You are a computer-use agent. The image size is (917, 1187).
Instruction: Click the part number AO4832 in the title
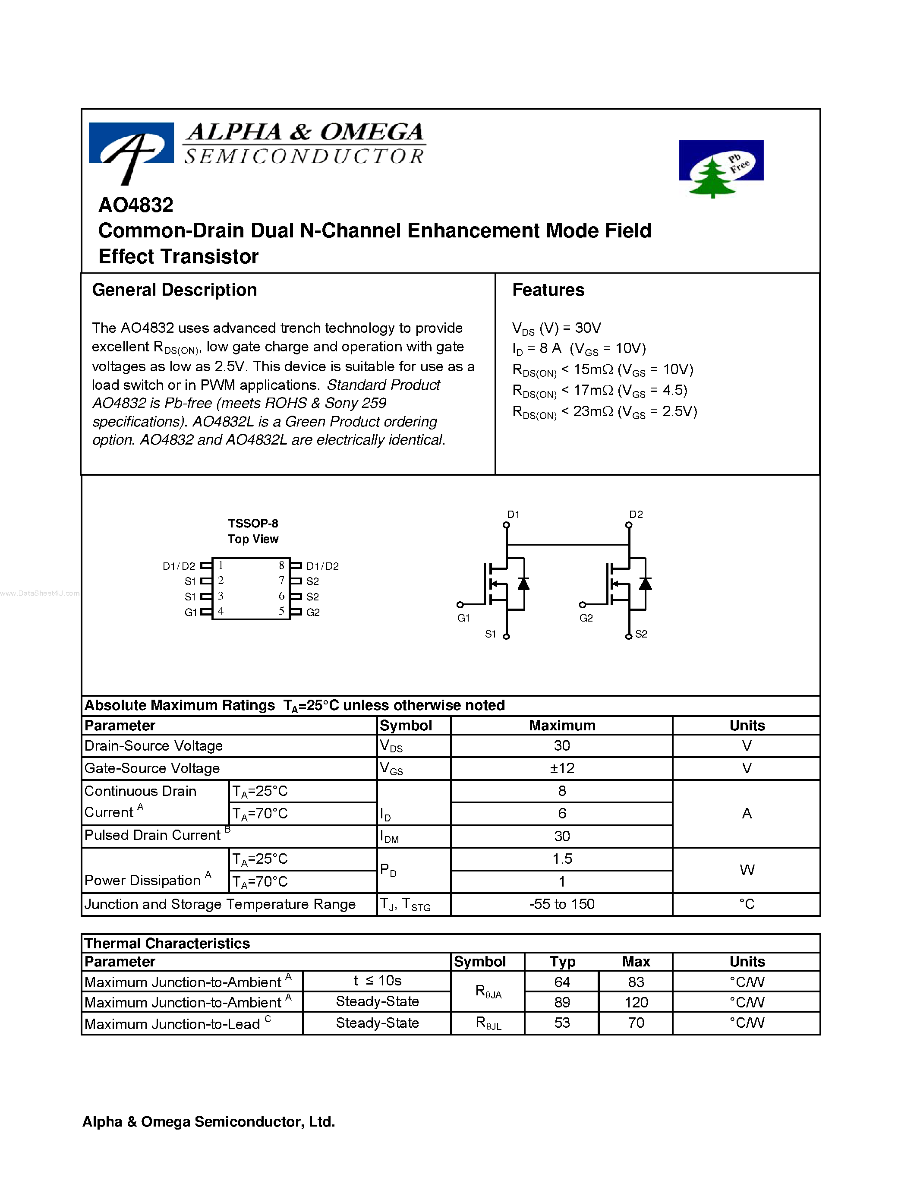pos(136,205)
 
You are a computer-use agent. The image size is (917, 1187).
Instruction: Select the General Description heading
pos(174,290)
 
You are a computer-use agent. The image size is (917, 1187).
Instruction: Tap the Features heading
pos(548,290)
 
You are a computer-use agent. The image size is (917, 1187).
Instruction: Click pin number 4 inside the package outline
pos(221,611)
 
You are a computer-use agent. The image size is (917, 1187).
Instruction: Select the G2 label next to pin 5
pos(313,612)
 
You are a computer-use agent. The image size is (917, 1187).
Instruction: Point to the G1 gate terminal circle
pos(460,604)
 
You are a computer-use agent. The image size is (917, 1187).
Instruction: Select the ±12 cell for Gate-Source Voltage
pos(562,768)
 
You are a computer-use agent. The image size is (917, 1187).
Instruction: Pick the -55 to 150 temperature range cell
pos(562,904)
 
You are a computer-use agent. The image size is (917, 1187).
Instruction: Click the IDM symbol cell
pos(390,837)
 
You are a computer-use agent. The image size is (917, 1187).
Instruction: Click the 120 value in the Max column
pos(636,1002)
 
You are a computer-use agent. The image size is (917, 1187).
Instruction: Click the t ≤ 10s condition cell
pos(377,981)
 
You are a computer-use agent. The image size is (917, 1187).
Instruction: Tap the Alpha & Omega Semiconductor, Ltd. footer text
pos(208,1122)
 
